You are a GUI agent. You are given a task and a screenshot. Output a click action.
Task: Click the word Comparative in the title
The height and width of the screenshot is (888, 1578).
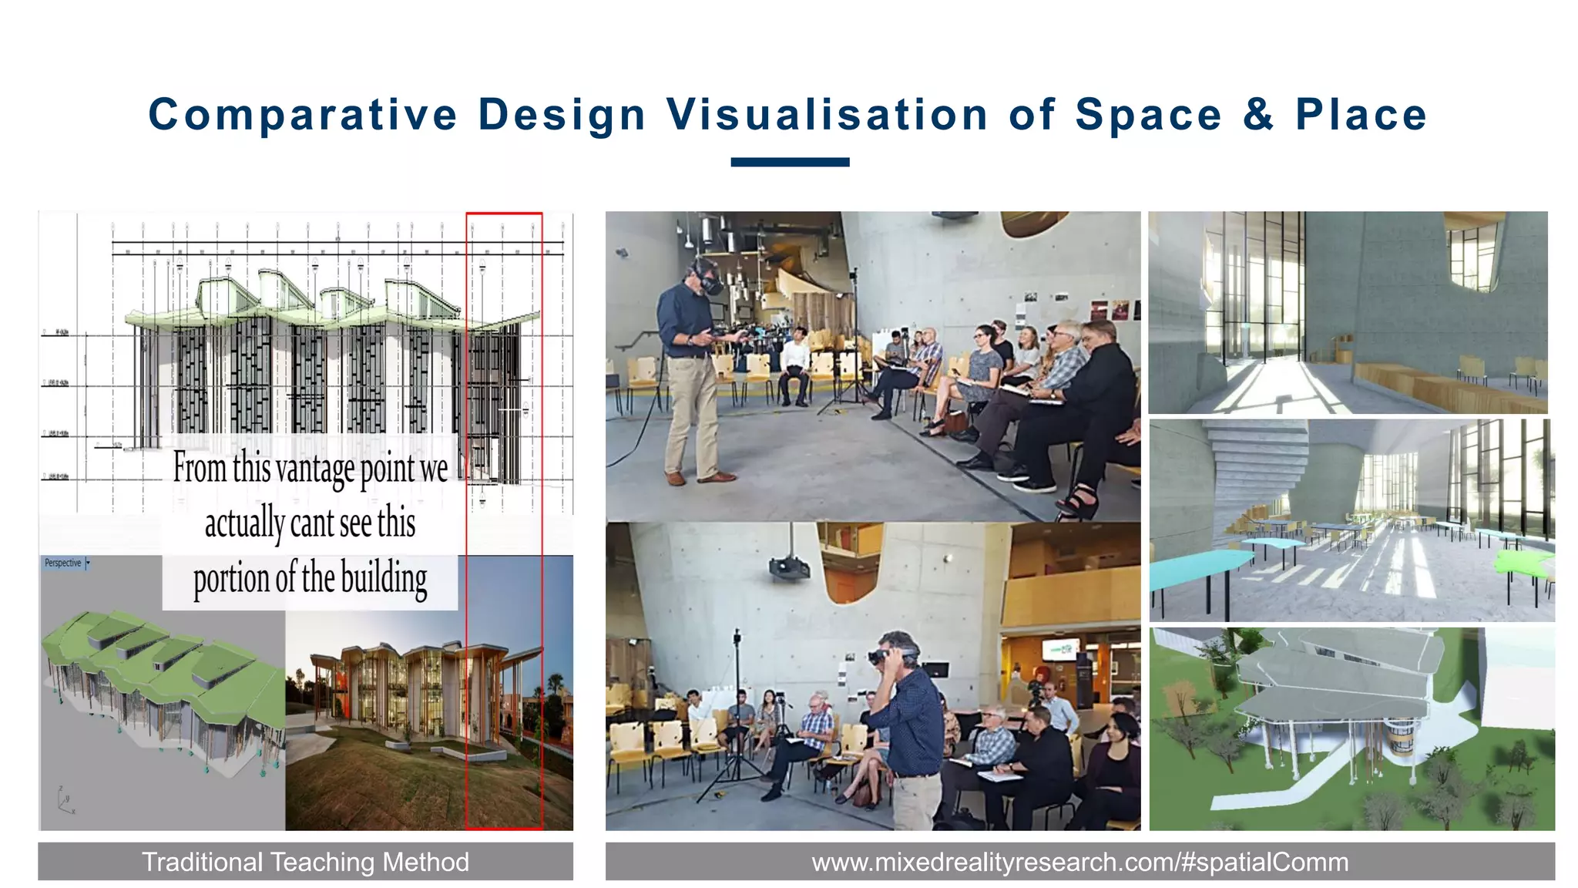pyautogui.click(x=303, y=115)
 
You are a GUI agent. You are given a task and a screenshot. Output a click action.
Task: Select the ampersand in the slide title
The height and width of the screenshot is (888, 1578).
pyautogui.click(x=1258, y=115)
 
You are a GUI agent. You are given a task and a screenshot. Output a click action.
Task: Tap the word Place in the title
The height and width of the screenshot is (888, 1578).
pyautogui.click(x=1361, y=115)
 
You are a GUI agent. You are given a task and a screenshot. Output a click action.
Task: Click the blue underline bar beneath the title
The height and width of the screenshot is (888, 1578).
pyautogui.click(x=790, y=162)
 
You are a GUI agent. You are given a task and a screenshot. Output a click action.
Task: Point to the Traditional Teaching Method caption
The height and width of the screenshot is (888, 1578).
pyautogui.click(x=305, y=861)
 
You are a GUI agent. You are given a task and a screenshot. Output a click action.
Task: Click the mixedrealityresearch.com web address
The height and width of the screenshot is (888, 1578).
pyautogui.click(x=1079, y=861)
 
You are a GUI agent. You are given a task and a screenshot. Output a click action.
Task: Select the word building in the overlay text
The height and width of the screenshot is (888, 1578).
pyautogui.click(x=384, y=579)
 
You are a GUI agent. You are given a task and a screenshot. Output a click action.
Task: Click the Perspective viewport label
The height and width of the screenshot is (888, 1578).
pyautogui.click(x=63, y=563)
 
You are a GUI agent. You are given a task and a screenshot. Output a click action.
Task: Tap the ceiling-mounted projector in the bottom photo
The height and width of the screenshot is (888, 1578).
pyautogui.click(x=790, y=569)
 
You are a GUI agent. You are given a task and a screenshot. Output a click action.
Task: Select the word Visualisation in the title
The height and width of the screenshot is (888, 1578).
pyautogui.click(x=828, y=115)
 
